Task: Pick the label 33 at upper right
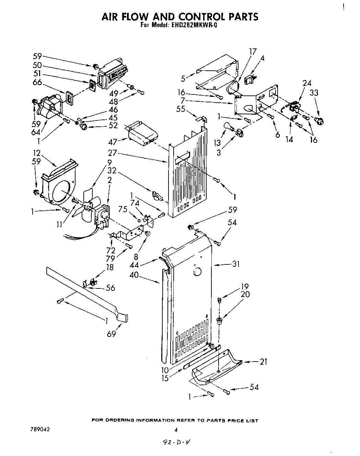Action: point(314,92)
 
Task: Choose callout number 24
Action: point(297,83)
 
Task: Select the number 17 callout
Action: point(253,52)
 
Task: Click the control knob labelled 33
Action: point(319,121)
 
